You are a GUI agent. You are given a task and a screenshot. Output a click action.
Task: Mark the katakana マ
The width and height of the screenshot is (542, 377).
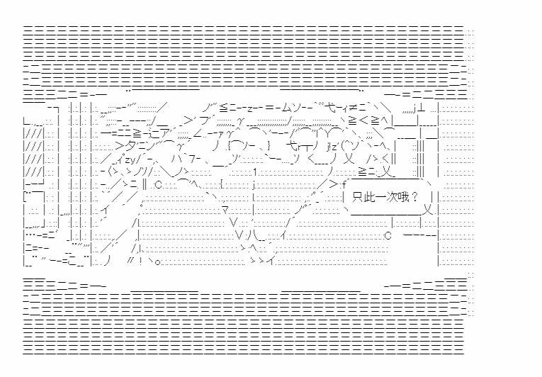click(225, 210)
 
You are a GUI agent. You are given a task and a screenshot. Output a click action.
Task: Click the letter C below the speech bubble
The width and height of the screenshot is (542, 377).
click(388, 235)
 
